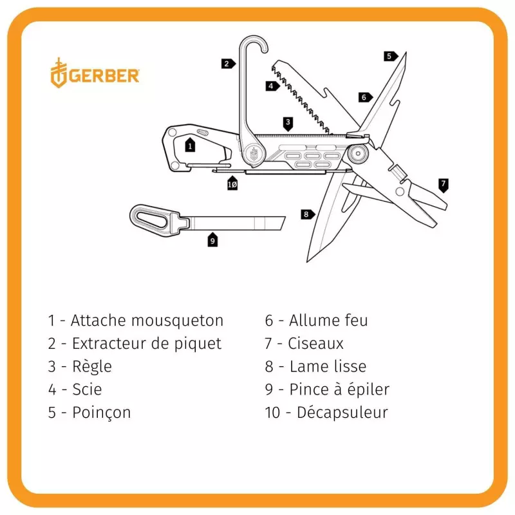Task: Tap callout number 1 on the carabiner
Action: [190, 145]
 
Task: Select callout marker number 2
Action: [227, 63]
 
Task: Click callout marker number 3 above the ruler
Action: [288, 121]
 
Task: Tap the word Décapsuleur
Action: [342, 412]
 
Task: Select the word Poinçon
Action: [101, 412]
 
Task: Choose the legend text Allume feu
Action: [328, 320]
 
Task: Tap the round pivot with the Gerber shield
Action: [254, 153]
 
